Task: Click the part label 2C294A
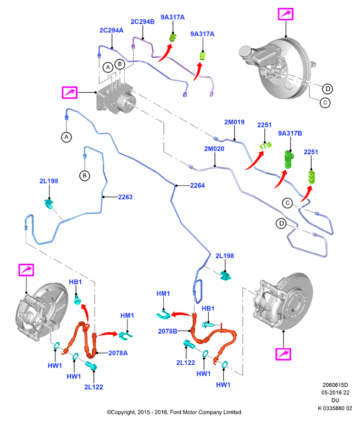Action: [111, 30]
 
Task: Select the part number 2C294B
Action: [142, 21]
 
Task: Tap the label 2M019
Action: [234, 122]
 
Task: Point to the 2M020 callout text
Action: [214, 149]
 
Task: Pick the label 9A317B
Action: [290, 133]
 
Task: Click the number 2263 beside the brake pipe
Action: [125, 197]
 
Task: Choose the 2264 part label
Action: [197, 186]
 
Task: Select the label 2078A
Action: [118, 353]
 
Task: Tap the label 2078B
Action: [168, 331]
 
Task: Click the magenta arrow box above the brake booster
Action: [285, 14]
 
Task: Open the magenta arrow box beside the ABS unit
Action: [70, 92]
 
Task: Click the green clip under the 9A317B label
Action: [289, 159]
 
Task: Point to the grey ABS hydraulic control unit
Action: [116, 98]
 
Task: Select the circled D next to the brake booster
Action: [328, 89]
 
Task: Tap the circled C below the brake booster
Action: [325, 103]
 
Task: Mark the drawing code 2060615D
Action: [335, 385]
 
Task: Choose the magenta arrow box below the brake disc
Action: [284, 354]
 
